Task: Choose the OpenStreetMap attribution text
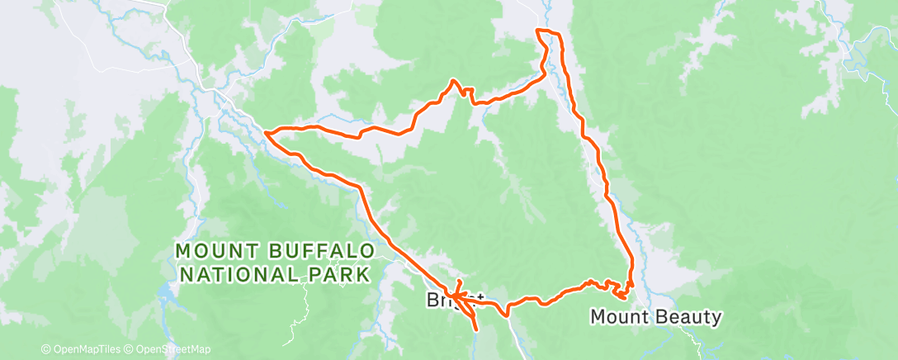[168, 350]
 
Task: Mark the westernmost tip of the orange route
[265, 131]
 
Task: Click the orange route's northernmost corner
[538, 31]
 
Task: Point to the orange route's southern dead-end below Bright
[476, 330]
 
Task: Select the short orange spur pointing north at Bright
[459, 285]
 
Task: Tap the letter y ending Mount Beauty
[716, 318]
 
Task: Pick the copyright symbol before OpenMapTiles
[45, 350]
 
